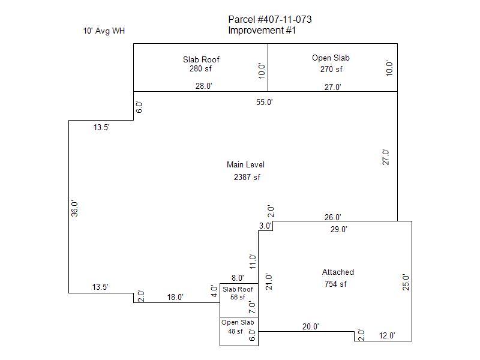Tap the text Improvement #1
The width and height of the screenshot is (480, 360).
[x=262, y=31]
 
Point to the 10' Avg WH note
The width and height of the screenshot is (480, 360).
[x=104, y=31]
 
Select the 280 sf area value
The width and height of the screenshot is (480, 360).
[x=201, y=69]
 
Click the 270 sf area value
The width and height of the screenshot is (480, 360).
[x=331, y=69]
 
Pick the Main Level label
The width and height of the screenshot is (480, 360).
[x=245, y=165]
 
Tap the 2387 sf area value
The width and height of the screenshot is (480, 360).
[x=247, y=177]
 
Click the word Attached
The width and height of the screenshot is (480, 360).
[x=338, y=272]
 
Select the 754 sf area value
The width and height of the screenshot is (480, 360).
[x=335, y=284]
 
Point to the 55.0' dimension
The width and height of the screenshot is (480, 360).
[x=265, y=102]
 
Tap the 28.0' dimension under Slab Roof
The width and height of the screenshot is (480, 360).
[x=204, y=86]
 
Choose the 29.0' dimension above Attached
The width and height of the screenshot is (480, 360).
[x=338, y=229]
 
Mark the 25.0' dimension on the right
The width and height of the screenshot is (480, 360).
[x=406, y=282]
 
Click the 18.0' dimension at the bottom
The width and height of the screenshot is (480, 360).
[x=175, y=297]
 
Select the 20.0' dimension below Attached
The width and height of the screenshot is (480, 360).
[x=310, y=327]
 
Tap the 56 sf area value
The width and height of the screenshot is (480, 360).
[x=238, y=297]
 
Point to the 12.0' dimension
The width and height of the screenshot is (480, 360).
[x=386, y=336]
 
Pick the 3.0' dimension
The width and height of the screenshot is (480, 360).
[x=265, y=226]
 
